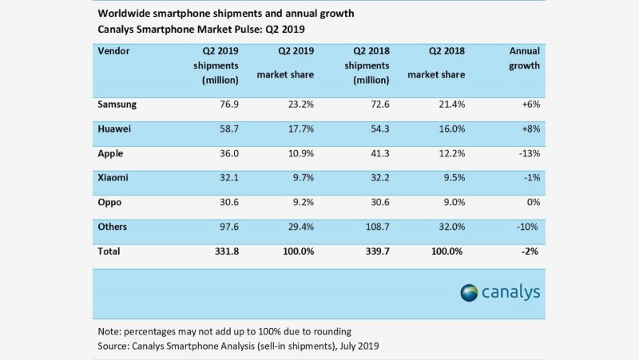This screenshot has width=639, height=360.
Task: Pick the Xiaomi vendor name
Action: [113, 179]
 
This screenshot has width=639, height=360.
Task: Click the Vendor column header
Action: [114, 50]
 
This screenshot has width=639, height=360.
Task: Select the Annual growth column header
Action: [524, 58]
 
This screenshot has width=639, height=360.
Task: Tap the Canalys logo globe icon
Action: [469, 293]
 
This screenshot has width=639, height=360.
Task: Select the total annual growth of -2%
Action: [527, 251]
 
